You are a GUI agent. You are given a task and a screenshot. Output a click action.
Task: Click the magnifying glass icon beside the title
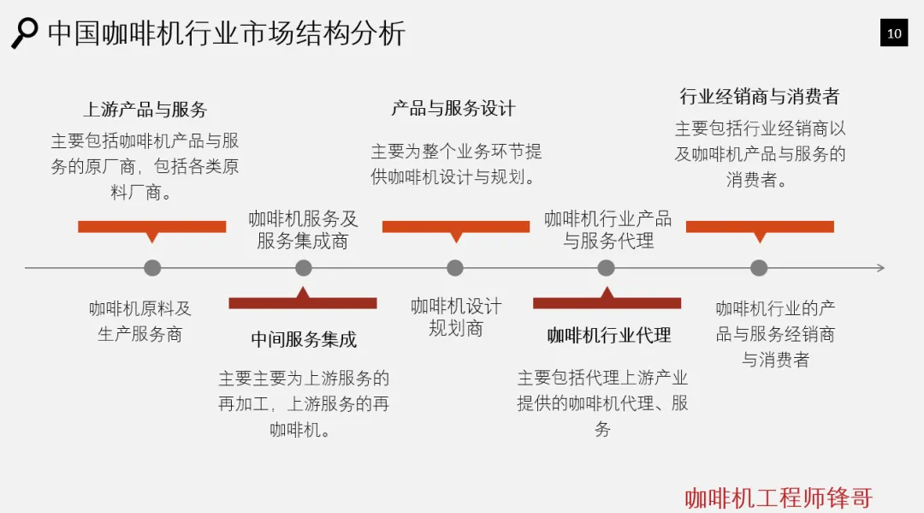24,33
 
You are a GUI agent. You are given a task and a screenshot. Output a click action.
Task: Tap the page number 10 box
894,33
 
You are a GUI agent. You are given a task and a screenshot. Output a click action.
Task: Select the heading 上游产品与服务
145,110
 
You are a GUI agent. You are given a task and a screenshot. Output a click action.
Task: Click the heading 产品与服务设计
453,108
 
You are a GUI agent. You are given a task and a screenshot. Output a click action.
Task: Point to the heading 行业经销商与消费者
760,96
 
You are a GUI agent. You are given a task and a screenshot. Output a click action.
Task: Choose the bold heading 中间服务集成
304,340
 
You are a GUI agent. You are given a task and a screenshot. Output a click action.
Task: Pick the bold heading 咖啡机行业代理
609,336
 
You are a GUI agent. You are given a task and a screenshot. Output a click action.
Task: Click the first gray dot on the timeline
152,268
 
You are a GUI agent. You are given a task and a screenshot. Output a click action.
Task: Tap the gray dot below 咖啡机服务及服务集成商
304,268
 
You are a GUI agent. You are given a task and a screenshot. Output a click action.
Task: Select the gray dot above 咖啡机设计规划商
455,268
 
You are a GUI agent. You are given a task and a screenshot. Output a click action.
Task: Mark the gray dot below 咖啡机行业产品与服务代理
607,268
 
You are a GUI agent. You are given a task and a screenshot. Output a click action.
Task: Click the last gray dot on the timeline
759,268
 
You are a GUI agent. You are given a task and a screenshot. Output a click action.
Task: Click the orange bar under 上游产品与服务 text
152,227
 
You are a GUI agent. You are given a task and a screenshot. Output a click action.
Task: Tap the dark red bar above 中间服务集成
303,302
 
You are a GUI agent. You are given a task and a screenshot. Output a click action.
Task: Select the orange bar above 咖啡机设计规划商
456,227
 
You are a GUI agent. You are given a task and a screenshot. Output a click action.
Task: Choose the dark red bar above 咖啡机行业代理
607,302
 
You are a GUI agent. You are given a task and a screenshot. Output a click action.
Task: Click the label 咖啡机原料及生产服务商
140,321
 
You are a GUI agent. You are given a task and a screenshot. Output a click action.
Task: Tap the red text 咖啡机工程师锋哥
779,498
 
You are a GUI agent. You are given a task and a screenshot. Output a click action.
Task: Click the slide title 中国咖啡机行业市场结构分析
227,33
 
